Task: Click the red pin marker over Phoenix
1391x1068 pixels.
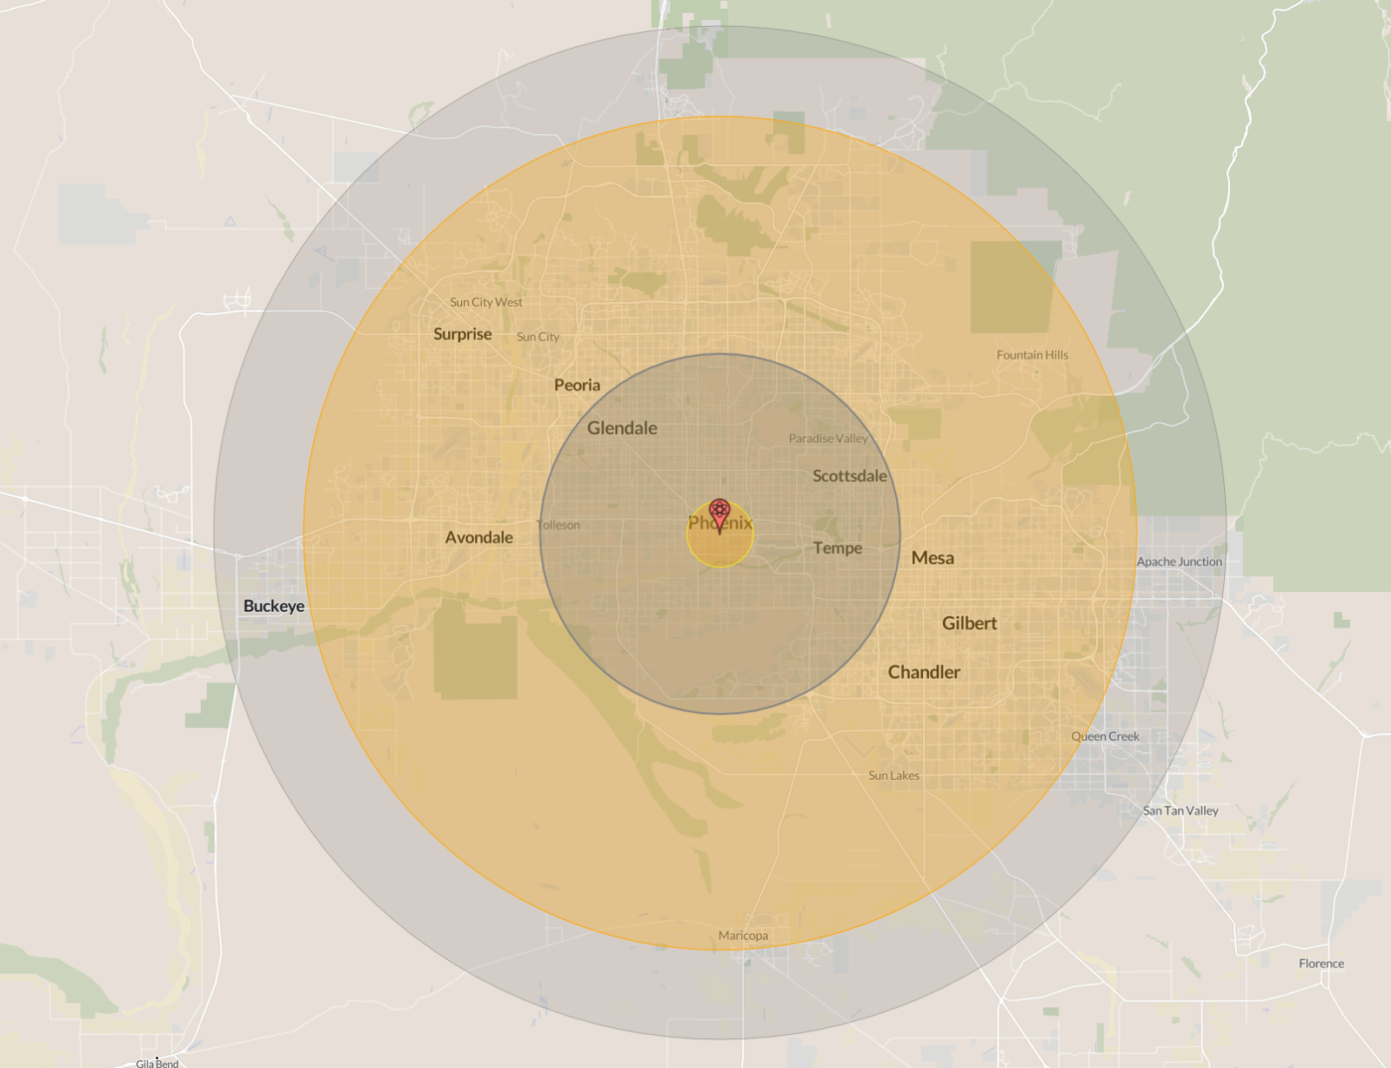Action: point(719,513)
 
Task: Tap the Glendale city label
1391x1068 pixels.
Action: point(622,428)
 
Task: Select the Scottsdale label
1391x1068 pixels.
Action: point(849,476)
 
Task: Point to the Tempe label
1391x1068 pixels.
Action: point(838,548)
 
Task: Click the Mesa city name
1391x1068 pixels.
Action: point(933,558)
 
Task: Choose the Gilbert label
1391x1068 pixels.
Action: point(969,623)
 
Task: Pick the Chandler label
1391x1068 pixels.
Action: point(924,672)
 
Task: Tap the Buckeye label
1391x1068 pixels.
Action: point(274,606)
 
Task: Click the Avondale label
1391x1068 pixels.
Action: point(478,538)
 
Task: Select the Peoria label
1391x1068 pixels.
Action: point(577,386)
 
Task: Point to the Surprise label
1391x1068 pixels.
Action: point(462,334)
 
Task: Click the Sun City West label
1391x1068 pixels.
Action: point(485,302)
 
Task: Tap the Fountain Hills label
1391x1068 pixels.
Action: point(1032,355)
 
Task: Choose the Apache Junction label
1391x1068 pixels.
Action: point(1179,561)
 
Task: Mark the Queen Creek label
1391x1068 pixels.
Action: point(1105,736)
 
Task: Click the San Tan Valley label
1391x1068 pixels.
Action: point(1180,810)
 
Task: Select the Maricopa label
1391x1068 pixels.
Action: point(743,936)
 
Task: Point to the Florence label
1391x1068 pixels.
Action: point(1321,964)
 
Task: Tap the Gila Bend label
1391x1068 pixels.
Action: point(157,1063)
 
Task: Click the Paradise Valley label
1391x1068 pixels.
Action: point(828,439)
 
